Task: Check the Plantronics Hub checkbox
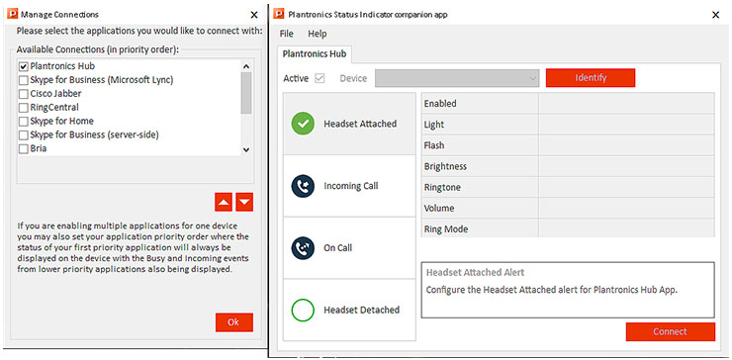click(x=24, y=66)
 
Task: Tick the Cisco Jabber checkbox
click(x=24, y=94)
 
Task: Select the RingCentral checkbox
click(x=24, y=108)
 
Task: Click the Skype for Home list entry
click(x=61, y=122)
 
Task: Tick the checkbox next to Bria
click(x=24, y=149)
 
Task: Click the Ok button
click(x=233, y=322)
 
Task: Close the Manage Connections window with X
click(x=254, y=15)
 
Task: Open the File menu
click(x=286, y=34)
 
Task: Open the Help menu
click(x=318, y=34)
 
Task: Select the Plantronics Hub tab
click(x=315, y=54)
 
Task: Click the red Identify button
click(x=591, y=77)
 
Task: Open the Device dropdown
click(x=457, y=78)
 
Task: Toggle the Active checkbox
click(x=320, y=78)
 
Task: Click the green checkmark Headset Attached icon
click(x=303, y=124)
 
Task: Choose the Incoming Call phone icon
click(x=303, y=186)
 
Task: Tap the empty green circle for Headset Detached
click(x=303, y=310)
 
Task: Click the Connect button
click(x=671, y=331)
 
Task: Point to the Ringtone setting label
click(x=442, y=187)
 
